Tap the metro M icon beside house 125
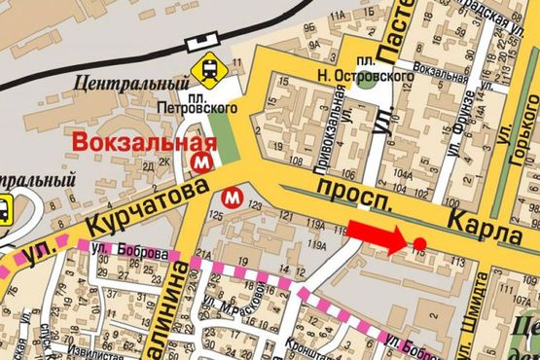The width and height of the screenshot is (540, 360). pos(232,197)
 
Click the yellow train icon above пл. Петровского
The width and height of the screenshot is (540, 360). pos(207,68)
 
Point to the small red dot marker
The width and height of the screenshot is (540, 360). pos(419,243)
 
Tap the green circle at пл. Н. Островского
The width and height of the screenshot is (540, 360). pos(365,80)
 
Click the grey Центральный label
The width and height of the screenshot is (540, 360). pos(122,86)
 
